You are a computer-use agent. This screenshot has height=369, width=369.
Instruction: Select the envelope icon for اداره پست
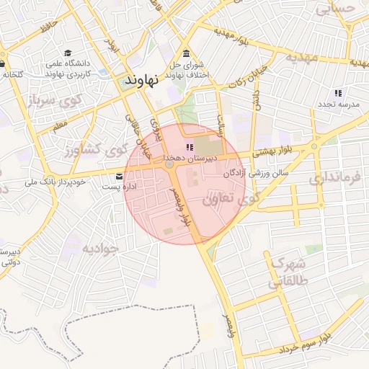click(120, 177)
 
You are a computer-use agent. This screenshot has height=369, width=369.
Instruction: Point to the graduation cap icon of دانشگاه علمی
click(68, 53)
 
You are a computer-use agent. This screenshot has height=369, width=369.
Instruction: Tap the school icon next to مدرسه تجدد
click(338, 93)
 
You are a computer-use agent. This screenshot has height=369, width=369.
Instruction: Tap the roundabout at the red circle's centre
click(170, 165)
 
